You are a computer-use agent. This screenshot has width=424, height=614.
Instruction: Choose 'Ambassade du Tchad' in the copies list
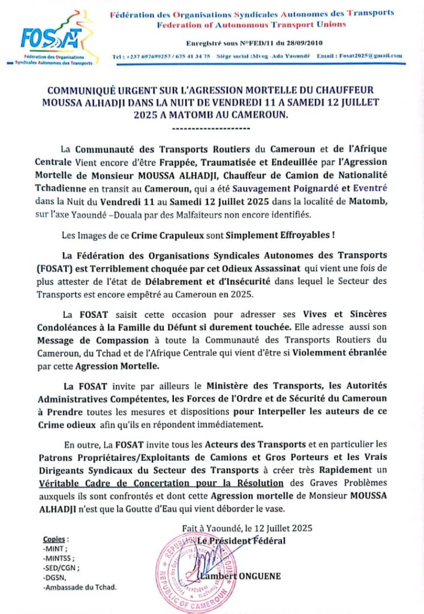(x=80, y=587)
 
